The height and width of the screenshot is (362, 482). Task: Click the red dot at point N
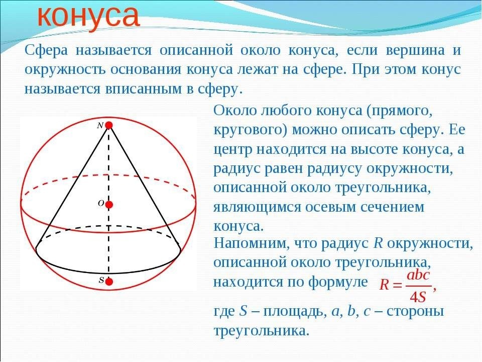(x=108, y=125)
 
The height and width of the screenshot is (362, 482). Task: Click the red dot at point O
(x=109, y=204)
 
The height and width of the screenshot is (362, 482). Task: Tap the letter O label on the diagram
(x=100, y=204)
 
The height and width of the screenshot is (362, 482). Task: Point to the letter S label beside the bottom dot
(x=101, y=281)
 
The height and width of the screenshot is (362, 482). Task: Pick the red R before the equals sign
(x=384, y=286)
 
